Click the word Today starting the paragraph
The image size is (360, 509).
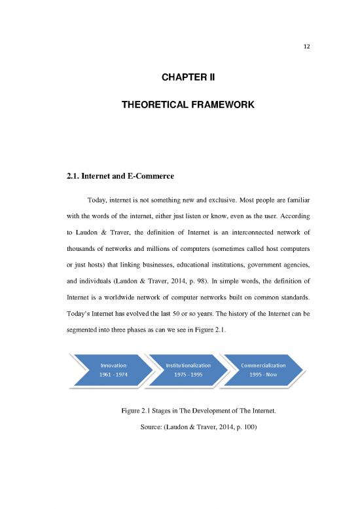tap(98, 198)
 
